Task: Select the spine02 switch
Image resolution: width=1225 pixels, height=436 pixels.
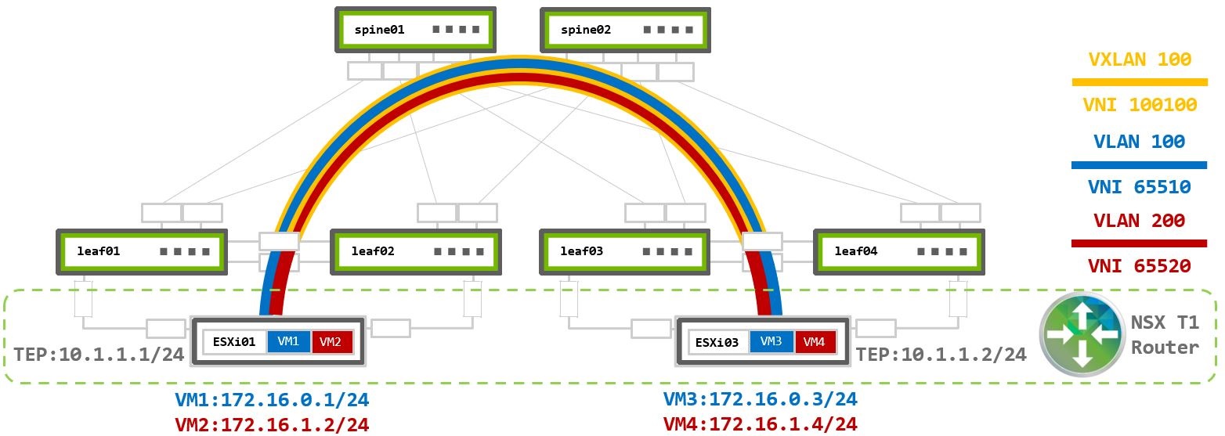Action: [625, 31]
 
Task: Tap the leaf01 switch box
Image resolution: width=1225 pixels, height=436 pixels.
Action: [142, 251]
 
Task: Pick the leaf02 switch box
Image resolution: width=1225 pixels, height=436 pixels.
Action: [415, 251]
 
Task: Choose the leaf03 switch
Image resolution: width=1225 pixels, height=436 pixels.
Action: [625, 251]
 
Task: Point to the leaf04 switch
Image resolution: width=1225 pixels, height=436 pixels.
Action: [898, 251]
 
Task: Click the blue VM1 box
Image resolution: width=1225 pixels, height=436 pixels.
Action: [289, 342]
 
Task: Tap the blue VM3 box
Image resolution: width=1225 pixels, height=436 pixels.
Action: [771, 342]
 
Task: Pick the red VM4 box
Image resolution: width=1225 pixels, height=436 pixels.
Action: [815, 342]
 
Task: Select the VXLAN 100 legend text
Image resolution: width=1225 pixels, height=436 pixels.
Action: [1140, 59]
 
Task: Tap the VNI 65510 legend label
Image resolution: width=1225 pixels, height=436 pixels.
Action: [1140, 187]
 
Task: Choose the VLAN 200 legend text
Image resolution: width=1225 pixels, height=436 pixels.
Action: [1140, 221]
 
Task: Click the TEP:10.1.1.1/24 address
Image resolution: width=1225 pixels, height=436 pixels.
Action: [99, 355]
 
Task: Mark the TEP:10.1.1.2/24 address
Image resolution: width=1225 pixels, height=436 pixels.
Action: [941, 355]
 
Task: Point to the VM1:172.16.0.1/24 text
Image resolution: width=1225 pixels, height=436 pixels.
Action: [272, 400]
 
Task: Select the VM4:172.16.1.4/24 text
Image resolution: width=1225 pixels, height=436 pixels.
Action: [761, 425]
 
